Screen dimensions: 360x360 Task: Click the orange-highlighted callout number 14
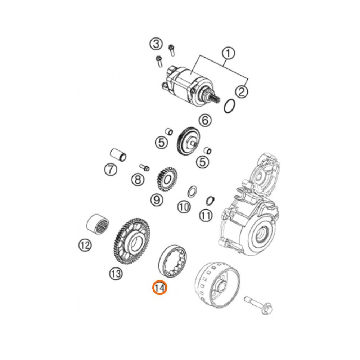[x=159, y=288]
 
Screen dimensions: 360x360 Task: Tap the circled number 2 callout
[x=242, y=91]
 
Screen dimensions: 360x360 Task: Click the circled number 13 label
[x=116, y=274]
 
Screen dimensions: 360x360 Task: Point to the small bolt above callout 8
[x=144, y=167]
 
